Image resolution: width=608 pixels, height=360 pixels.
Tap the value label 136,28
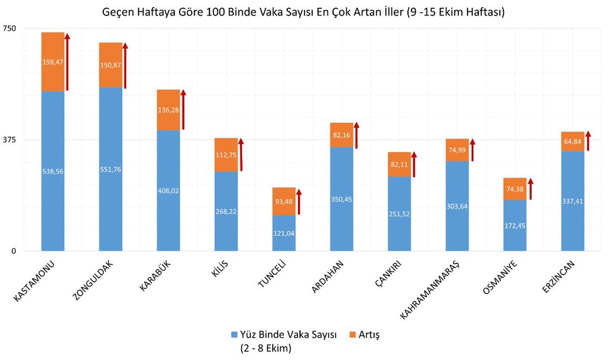coord(168,109)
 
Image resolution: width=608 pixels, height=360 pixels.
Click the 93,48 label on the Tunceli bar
coord(284,201)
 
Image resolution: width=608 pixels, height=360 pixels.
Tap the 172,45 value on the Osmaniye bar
coord(515,225)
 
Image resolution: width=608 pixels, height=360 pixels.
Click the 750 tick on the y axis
coord(10,28)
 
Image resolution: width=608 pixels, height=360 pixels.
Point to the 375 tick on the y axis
coord(10,140)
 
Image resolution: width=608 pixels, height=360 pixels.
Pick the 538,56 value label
coord(53,172)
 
